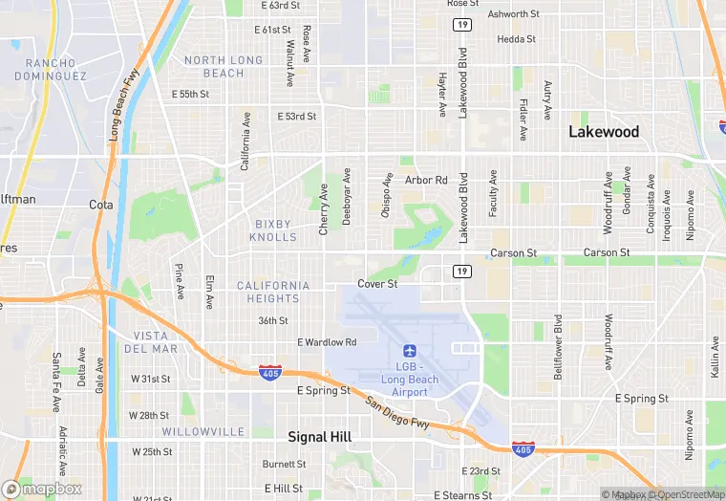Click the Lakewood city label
click(x=604, y=132)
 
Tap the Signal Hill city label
click(x=320, y=436)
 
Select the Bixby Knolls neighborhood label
click(x=273, y=230)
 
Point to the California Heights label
click(x=273, y=292)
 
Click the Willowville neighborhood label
click(x=203, y=431)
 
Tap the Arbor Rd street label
click(x=426, y=180)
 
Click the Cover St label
click(x=377, y=284)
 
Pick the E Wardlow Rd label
click(x=327, y=341)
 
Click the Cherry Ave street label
click(x=324, y=209)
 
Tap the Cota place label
click(x=100, y=205)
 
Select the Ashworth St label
click(x=513, y=14)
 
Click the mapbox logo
click(x=42, y=489)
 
